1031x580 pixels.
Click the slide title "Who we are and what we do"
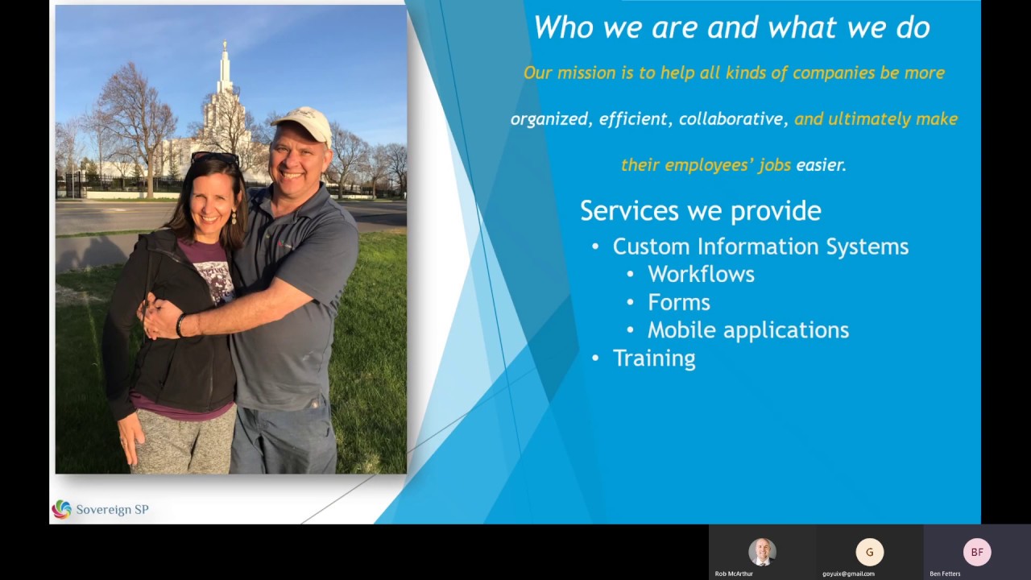731,28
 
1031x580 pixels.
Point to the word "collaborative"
731,119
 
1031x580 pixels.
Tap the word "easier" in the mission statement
820,165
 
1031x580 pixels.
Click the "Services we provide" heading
700,211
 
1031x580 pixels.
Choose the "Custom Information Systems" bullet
760,246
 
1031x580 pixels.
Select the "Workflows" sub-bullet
701,275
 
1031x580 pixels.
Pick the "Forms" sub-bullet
679,303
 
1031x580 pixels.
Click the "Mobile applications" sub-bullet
748,330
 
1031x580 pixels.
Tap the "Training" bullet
654,358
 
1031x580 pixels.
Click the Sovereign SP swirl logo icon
61,509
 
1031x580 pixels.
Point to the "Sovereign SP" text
112,509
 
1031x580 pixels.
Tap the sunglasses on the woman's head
215,157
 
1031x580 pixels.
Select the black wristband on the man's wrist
180,325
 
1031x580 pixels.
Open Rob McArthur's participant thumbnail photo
761,552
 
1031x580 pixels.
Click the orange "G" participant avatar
869,552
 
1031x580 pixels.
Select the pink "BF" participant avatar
977,552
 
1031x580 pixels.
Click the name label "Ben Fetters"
945,574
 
